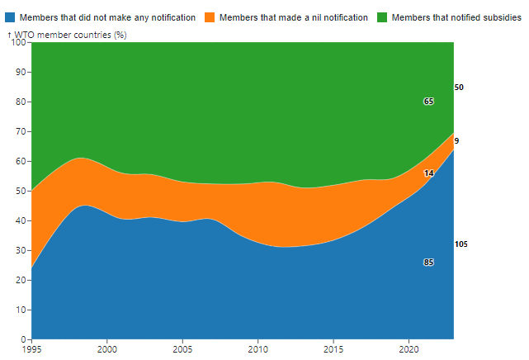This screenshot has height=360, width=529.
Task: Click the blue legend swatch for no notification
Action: (10, 17)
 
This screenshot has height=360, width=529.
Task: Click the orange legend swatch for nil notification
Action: (209, 17)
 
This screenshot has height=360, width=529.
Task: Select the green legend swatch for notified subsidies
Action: (383, 17)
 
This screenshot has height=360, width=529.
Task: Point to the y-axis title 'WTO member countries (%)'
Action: (70, 35)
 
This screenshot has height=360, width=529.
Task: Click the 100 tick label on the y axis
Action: (18, 43)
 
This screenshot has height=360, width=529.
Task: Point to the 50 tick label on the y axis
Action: (21, 191)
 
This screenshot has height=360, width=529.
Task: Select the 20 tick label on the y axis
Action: (21, 280)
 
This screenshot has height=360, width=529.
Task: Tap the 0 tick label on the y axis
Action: (23, 339)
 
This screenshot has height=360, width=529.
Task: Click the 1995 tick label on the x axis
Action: (31, 350)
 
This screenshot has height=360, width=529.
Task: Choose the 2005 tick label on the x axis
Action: (182, 350)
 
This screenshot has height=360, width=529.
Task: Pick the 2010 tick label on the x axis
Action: (258, 350)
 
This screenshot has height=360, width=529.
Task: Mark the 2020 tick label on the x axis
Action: (409, 350)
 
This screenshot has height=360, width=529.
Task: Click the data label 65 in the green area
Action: (429, 102)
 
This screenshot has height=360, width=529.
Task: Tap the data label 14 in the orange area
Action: (429, 173)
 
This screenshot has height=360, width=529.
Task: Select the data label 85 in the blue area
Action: (429, 263)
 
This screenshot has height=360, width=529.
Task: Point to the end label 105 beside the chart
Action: (461, 245)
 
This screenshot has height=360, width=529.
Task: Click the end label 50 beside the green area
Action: (459, 88)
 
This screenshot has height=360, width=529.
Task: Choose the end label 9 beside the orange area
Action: (456, 141)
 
